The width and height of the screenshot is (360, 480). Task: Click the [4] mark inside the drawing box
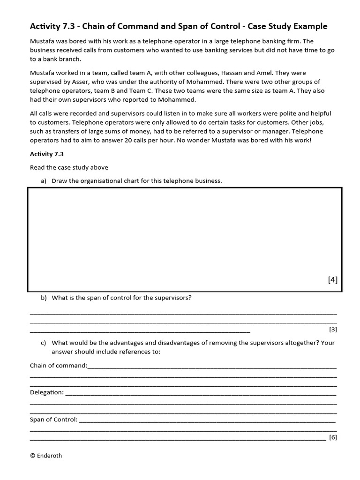(332, 280)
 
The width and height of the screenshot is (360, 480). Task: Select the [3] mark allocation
(333, 329)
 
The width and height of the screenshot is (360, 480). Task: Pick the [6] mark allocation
(333, 437)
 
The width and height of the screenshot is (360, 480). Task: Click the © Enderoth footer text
(46, 455)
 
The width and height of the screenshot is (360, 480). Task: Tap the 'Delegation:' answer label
(46, 392)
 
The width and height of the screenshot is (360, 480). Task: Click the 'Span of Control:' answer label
(53, 419)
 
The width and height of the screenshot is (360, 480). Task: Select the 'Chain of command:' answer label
(58, 365)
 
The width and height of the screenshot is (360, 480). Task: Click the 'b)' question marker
(44, 297)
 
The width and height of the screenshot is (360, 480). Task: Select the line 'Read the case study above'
(69, 167)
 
